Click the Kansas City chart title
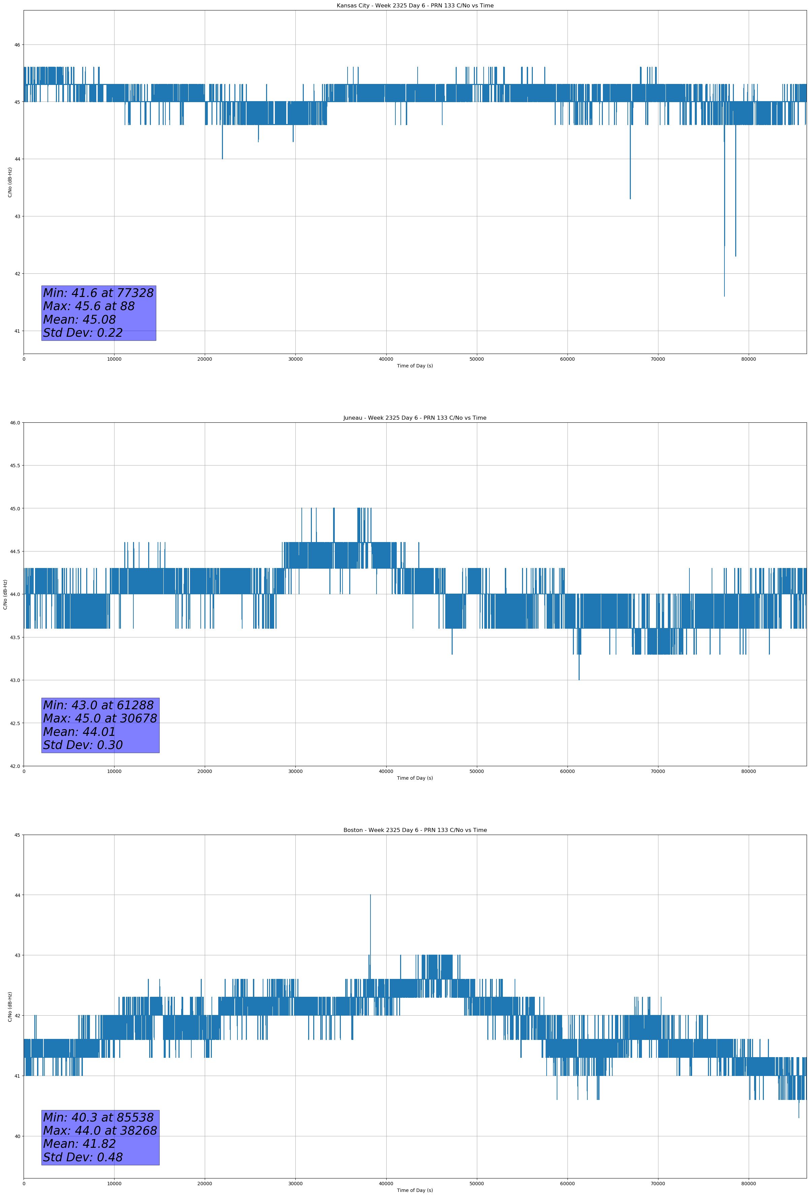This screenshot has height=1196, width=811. point(415,6)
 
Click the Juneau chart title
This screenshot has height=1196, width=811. point(415,418)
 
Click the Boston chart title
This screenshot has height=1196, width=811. point(415,830)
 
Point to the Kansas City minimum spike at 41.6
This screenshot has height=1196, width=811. point(724,293)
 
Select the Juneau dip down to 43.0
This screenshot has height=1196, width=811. point(579,678)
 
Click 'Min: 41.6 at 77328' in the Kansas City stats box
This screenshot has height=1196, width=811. point(98,293)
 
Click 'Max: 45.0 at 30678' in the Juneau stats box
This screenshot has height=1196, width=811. point(100,718)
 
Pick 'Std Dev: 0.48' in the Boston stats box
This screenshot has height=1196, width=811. point(83,1157)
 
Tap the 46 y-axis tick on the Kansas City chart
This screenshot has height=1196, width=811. point(17,45)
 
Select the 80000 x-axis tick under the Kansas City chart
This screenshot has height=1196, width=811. point(748,359)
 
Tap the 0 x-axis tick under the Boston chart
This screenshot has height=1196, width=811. point(24,1184)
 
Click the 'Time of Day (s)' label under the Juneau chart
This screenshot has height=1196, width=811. point(415,778)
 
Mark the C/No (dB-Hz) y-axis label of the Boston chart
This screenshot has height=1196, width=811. point(10,1007)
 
